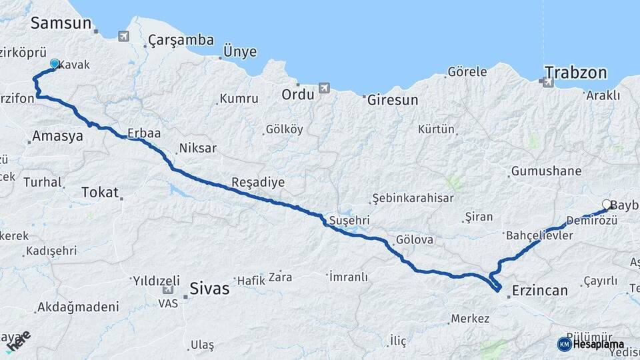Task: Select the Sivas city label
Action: click(x=209, y=289)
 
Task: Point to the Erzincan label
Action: click(x=540, y=291)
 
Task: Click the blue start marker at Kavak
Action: click(x=55, y=64)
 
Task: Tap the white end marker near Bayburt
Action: click(x=607, y=205)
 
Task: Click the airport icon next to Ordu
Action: click(x=324, y=87)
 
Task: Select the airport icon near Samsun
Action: click(x=124, y=36)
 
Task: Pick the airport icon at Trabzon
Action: click(x=548, y=83)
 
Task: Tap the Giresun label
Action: click(x=393, y=100)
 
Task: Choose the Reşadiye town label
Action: click(x=258, y=182)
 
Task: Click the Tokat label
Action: click(x=99, y=192)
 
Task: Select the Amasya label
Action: click(x=59, y=136)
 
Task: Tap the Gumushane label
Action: click(x=546, y=171)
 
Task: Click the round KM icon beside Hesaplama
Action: click(x=564, y=344)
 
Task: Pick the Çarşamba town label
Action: click(x=181, y=40)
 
